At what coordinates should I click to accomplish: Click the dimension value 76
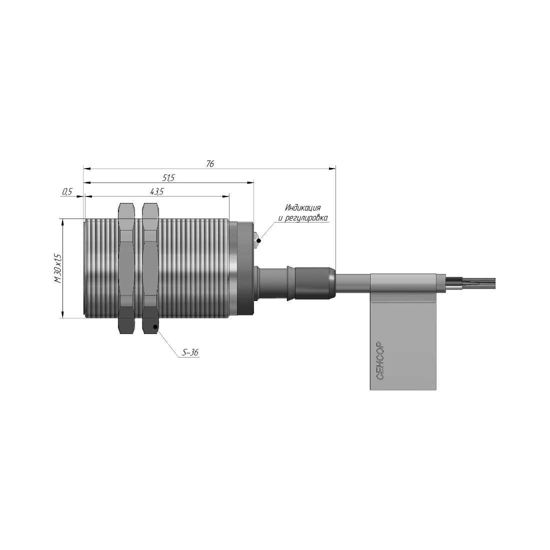point(210,164)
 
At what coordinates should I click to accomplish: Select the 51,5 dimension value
point(168,178)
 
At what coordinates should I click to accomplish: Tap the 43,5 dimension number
point(157,191)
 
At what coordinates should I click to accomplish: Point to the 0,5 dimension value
point(67,191)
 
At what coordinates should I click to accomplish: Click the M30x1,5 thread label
point(57,268)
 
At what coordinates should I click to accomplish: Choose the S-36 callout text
point(190,352)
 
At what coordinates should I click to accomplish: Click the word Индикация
point(302,207)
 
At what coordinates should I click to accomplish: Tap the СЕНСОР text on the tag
point(380,360)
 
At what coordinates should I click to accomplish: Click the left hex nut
point(126,268)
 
